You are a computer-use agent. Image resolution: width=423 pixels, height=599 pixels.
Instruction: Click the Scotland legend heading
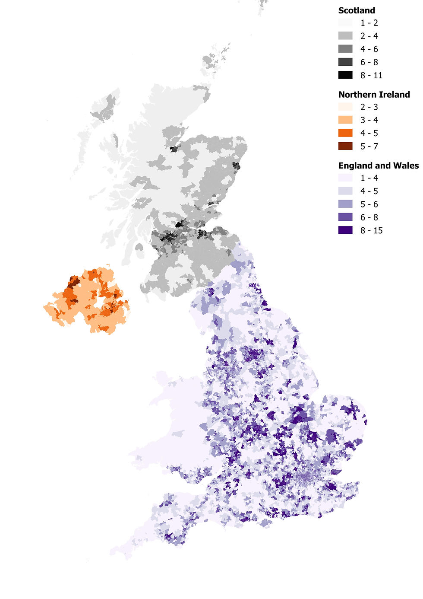(x=357, y=10)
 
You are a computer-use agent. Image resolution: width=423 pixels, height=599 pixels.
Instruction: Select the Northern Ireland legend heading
(x=374, y=95)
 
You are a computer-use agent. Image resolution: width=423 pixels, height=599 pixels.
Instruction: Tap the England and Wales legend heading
(x=378, y=166)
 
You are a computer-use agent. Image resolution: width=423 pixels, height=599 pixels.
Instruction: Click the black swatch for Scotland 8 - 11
(x=345, y=75)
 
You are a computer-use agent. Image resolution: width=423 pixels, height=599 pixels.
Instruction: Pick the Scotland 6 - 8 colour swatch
(x=345, y=62)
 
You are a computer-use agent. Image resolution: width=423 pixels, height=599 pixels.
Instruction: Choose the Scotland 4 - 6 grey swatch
(x=345, y=49)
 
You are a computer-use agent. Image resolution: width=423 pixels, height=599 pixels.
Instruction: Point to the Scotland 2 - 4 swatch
(x=345, y=36)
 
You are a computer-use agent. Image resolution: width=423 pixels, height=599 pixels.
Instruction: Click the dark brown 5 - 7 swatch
(x=345, y=146)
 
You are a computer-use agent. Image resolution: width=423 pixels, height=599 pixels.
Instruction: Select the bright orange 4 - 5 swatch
(x=345, y=133)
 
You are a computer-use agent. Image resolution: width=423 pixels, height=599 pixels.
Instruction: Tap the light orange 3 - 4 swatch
(x=345, y=120)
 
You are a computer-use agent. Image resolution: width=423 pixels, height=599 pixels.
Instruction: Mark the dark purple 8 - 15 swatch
(x=345, y=230)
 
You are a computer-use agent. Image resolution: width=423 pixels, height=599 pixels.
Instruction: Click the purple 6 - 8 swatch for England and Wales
(x=345, y=217)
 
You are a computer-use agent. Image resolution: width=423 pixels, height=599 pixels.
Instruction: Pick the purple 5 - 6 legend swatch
(x=345, y=204)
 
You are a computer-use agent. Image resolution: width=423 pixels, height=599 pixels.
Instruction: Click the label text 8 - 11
(x=371, y=75)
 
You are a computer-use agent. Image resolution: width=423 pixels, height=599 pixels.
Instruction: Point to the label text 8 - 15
(x=371, y=230)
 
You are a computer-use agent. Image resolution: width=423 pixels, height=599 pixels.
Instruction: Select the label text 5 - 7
(x=369, y=146)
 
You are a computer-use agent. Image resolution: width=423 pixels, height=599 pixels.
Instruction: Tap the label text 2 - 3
(x=369, y=107)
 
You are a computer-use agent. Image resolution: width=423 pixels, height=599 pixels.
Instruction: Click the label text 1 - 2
(x=369, y=23)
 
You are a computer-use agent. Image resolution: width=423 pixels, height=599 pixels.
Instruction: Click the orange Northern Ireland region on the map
(x=86, y=303)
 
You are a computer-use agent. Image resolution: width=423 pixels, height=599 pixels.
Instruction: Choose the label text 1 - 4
(x=369, y=178)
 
